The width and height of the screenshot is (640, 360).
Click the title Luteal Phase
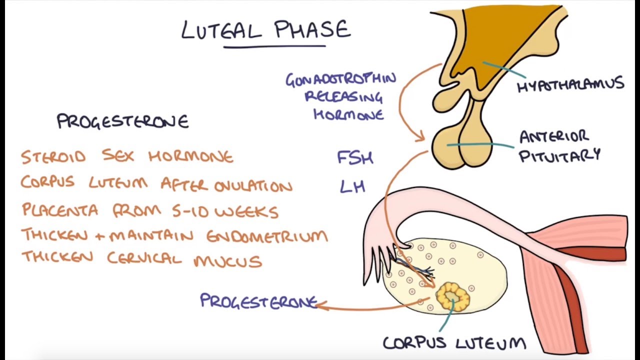click(266, 29)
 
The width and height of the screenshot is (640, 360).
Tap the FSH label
click(355, 158)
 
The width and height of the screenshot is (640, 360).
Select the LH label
click(352, 186)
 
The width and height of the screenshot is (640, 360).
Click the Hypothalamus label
click(570, 85)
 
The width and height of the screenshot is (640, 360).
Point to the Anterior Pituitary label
click(559, 146)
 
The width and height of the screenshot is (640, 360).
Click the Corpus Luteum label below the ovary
click(454, 343)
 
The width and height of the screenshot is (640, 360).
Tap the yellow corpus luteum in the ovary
click(452, 296)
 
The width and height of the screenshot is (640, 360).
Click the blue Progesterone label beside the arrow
click(258, 301)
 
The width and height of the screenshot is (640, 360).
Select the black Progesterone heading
click(122, 121)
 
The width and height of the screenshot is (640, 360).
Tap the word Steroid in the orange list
click(53, 157)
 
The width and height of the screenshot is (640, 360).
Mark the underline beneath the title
click(274, 47)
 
